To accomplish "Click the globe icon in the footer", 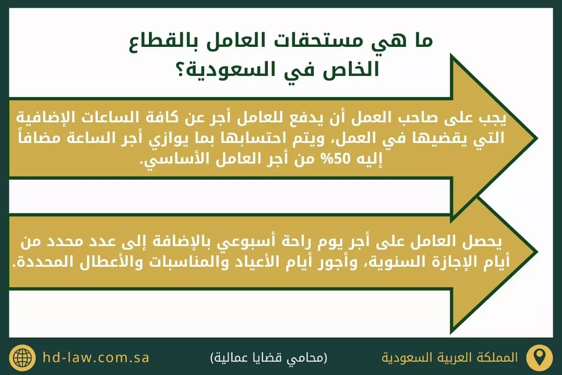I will coord(22,358).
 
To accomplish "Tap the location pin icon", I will coord(539,358).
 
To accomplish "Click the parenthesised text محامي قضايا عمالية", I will coord(268,358).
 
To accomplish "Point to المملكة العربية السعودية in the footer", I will coord(450,358).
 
